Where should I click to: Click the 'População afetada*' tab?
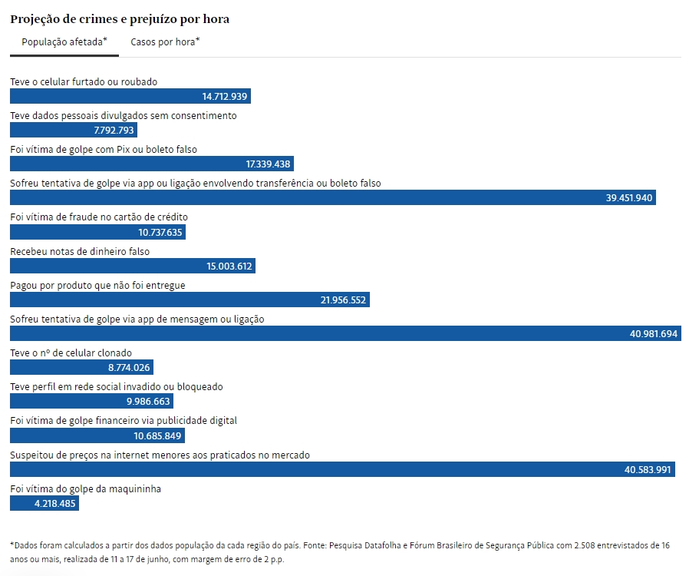click(64, 42)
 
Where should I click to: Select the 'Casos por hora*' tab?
click(165, 42)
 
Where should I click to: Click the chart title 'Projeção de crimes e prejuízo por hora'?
click(120, 19)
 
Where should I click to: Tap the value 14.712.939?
click(225, 96)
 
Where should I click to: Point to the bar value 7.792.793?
click(114, 131)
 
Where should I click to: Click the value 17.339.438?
click(268, 164)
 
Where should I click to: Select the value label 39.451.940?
click(629, 197)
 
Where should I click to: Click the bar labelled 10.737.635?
click(97, 232)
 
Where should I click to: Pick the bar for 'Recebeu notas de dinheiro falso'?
click(133, 266)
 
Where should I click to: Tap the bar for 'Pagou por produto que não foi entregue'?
click(190, 300)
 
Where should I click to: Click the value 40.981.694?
click(654, 334)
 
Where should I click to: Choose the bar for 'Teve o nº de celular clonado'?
click(81, 368)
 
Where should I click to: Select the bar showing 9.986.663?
click(91, 401)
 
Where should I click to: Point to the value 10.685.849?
click(157, 436)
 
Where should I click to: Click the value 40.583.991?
click(648, 470)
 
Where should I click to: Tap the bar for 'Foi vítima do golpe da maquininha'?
click(45, 503)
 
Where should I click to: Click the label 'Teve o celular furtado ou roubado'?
click(84, 82)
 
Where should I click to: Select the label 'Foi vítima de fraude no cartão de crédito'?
click(99, 217)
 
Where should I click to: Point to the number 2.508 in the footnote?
click(585, 545)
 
